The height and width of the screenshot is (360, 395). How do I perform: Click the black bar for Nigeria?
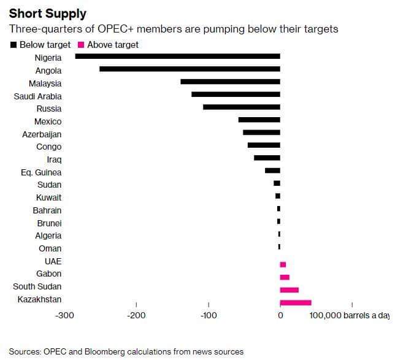coord(178,56)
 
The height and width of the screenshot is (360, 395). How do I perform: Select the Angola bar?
coord(190,69)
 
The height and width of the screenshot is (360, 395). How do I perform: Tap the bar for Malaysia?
coord(230,82)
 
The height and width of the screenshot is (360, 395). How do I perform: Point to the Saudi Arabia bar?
coord(236,94)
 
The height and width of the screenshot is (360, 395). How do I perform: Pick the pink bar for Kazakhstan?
coord(296,302)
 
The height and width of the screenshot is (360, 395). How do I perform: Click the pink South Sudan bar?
coord(290,290)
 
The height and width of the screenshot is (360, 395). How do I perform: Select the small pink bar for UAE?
coord(283,264)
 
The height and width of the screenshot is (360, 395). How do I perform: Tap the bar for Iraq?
coord(267,158)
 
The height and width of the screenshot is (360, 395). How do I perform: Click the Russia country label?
coord(49,109)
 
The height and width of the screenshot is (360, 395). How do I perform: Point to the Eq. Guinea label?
coord(41,172)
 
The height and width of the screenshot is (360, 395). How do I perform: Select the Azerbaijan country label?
coord(42,134)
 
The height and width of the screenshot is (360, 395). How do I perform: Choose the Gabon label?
coord(49,274)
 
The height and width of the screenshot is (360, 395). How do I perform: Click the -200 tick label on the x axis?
coord(136,315)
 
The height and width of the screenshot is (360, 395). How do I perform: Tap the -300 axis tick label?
coord(65,315)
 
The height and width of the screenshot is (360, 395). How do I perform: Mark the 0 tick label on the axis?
coord(280,315)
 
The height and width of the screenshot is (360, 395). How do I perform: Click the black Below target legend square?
coord(13,45)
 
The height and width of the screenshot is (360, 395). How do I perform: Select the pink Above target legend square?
coord(81,45)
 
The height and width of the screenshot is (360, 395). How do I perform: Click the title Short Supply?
coord(48,13)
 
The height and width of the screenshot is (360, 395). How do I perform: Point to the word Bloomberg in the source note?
coord(105,351)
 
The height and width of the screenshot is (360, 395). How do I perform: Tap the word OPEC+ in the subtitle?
coord(115,29)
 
